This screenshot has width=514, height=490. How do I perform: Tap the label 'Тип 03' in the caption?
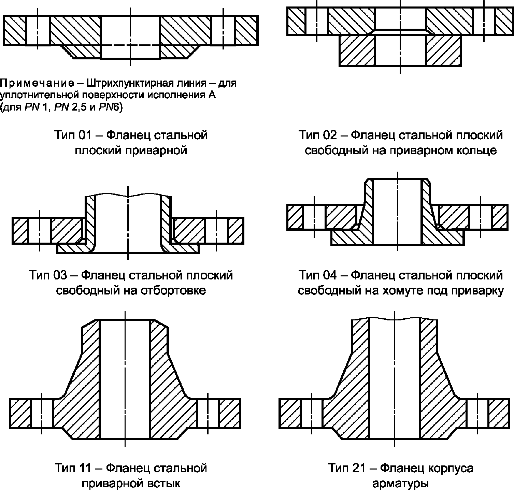(48, 275)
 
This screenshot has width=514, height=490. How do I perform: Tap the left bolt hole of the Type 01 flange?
(38, 30)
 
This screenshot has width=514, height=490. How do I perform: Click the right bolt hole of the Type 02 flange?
(484, 21)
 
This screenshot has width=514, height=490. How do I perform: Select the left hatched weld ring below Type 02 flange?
(357, 50)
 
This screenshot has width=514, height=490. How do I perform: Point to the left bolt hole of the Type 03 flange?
(40, 230)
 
